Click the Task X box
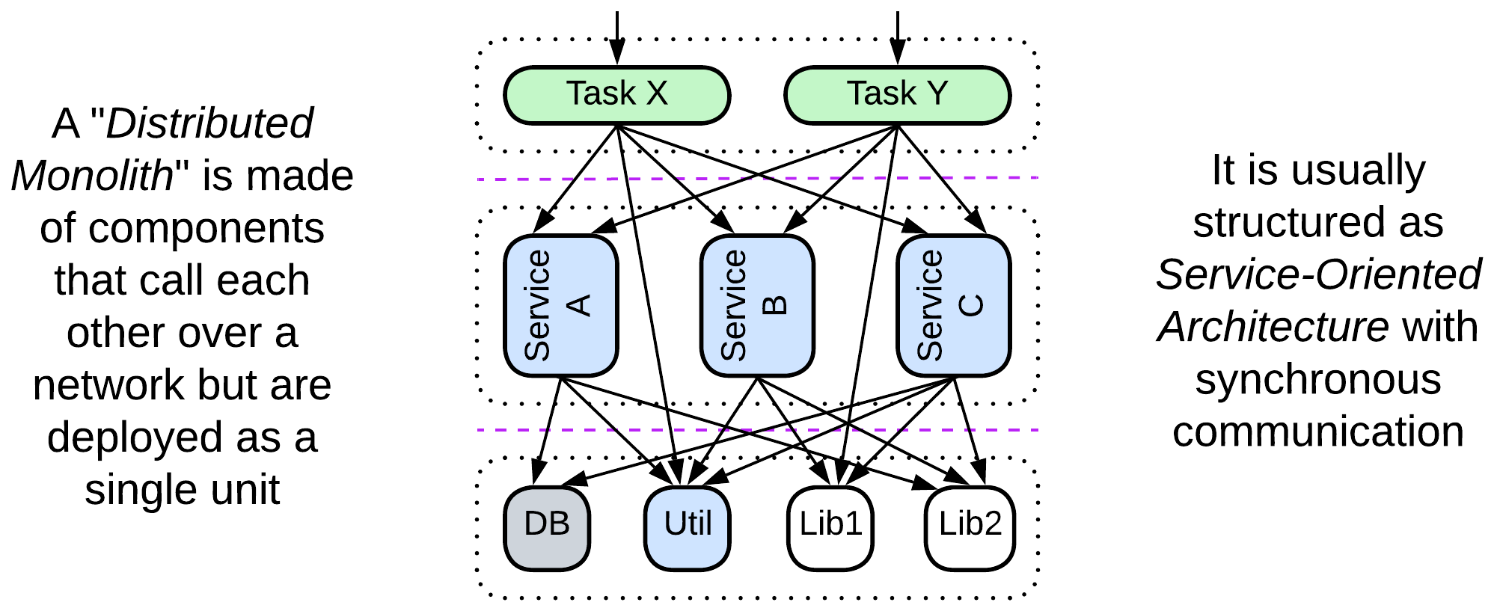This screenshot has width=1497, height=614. (616, 95)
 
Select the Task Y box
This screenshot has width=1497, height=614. (897, 95)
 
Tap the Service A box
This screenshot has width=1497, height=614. (560, 305)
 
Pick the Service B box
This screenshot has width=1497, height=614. (756, 305)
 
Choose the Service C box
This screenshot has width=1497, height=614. (953, 305)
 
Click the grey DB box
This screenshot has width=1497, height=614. (547, 527)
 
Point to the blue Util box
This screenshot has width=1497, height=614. (687, 527)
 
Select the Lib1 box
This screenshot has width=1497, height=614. (830, 527)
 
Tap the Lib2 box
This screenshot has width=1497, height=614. (970, 527)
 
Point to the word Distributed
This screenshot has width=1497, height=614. (209, 123)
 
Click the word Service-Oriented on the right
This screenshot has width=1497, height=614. (1318, 274)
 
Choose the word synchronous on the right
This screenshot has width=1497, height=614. (1318, 379)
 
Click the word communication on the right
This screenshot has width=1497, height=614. (1318, 432)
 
